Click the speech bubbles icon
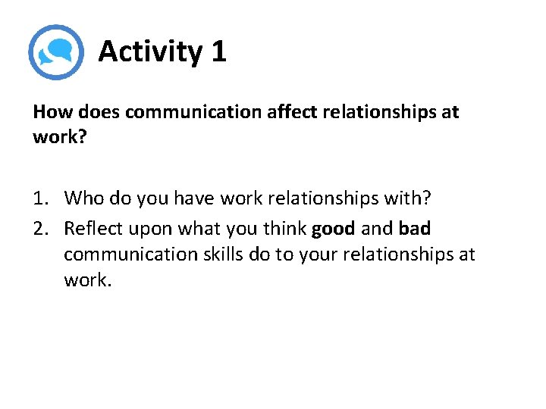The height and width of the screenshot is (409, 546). point(55,52)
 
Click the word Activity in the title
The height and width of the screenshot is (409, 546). point(150,52)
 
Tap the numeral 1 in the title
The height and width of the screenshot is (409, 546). point(218,52)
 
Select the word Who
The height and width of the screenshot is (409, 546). point(83,198)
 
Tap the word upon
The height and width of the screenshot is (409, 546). point(150,229)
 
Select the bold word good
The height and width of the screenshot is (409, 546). point(333,228)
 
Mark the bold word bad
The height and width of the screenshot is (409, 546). point(414,227)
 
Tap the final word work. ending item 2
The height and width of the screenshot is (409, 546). point(87,279)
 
